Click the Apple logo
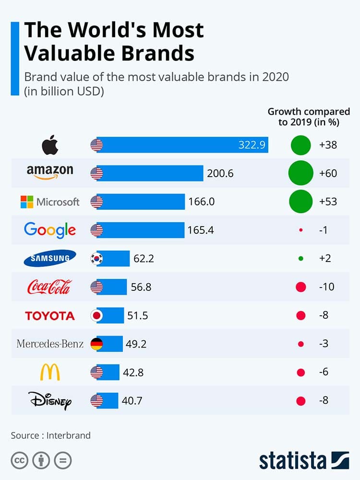(x=50, y=145)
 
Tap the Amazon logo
(x=50, y=172)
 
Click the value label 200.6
(x=220, y=173)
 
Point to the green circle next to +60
(x=300, y=173)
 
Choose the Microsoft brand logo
(x=50, y=202)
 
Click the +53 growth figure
(x=328, y=202)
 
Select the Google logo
(x=50, y=230)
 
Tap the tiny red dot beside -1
(x=300, y=230)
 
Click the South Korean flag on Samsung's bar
(x=96, y=259)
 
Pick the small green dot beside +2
(x=300, y=259)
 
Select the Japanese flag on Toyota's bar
(x=96, y=315)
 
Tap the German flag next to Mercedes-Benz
(x=96, y=344)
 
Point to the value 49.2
(x=137, y=344)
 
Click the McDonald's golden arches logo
(x=50, y=372)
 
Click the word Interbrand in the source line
(x=69, y=436)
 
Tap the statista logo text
(x=293, y=460)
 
